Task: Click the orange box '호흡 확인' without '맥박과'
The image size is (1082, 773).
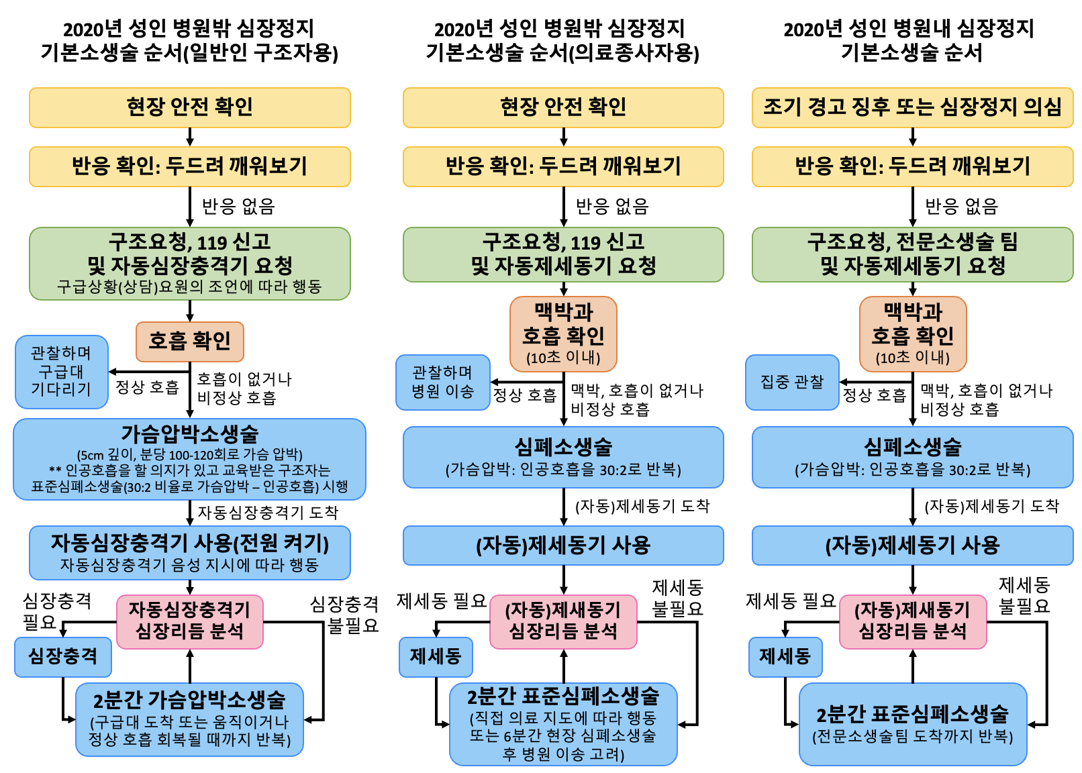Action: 190,342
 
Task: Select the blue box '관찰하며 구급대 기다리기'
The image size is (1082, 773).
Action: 61,372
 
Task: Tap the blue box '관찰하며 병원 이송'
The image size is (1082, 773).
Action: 443,382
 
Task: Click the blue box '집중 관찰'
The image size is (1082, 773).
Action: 792,382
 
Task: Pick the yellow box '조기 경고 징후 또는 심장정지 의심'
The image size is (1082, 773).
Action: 912,107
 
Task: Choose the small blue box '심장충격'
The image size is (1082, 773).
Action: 63,657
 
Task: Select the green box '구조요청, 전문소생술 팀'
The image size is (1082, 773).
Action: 912,254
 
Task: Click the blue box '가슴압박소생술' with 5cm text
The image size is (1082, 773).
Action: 189,459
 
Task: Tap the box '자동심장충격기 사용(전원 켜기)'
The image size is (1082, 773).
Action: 190,552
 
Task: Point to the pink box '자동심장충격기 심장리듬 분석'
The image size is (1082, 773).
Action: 190,621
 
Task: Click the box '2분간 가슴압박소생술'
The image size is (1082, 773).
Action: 189,719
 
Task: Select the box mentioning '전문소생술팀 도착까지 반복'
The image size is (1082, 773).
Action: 913,724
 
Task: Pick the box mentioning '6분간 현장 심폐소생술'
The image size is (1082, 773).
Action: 563,724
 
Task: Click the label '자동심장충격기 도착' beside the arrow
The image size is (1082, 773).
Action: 268,512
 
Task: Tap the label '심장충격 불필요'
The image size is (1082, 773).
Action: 344,614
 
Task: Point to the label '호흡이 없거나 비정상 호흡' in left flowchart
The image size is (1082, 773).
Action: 244,388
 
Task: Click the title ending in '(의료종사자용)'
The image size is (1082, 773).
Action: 562,41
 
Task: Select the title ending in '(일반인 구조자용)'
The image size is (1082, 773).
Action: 189,41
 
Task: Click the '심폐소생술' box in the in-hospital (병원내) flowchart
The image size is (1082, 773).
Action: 912,457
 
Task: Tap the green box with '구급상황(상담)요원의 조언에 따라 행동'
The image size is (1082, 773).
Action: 190,264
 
